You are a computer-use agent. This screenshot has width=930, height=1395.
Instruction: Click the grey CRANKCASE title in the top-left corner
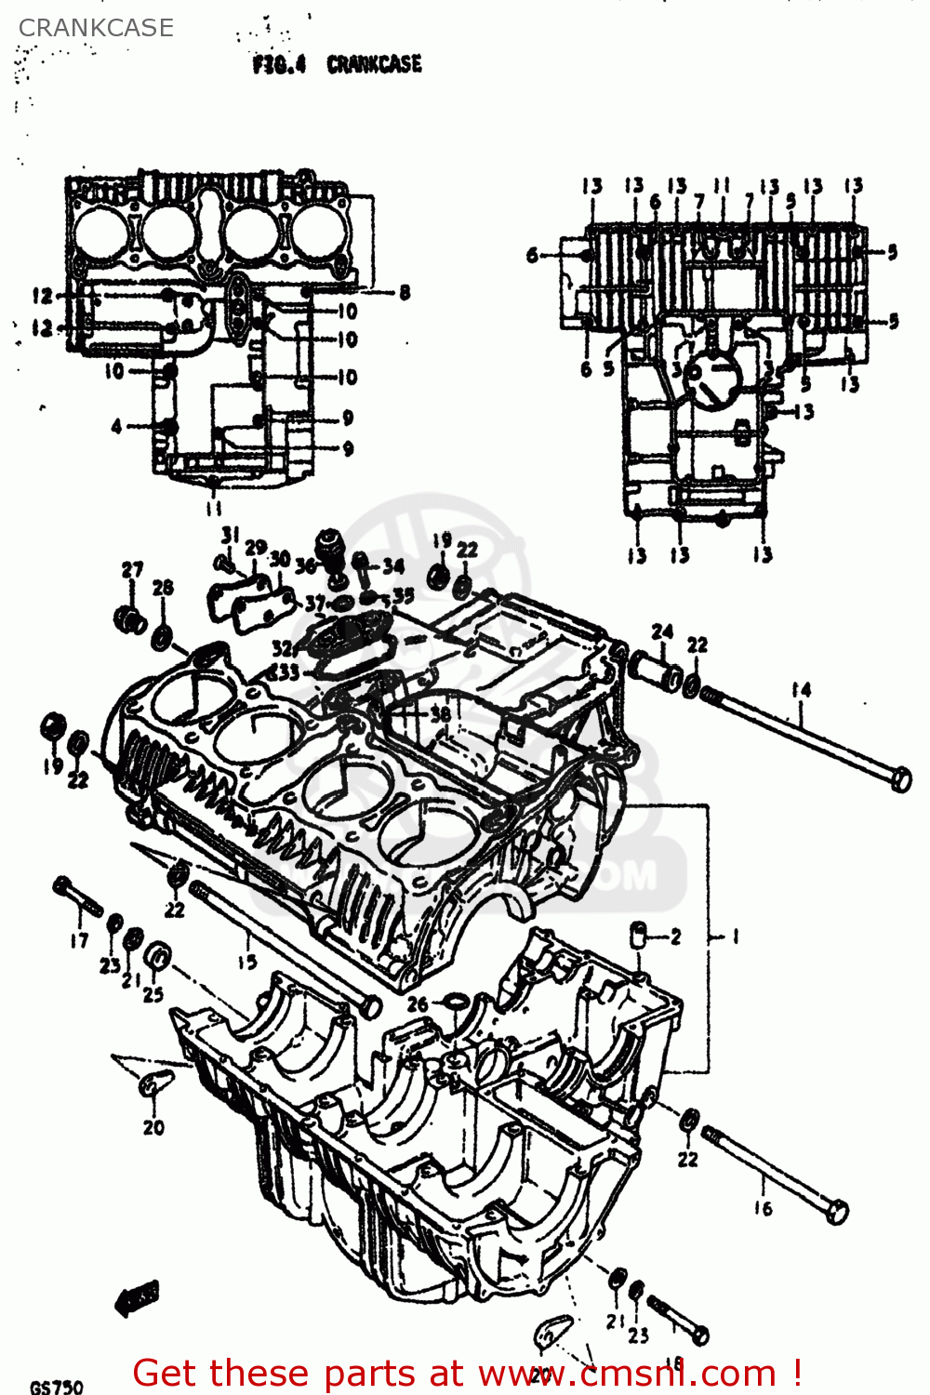pos(96,28)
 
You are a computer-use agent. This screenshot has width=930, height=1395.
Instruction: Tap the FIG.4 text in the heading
pos(279,65)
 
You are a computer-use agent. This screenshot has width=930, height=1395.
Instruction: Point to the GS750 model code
pos(56,1387)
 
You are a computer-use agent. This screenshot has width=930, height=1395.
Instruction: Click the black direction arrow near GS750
pos(137,1297)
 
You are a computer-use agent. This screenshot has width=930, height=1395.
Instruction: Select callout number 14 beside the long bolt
pos(802,690)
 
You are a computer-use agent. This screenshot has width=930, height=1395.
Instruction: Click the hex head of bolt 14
pos(900,779)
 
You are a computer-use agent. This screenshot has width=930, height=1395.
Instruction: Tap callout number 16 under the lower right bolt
pos(763,1208)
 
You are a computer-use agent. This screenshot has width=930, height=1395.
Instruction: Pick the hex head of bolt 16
pos(836,1212)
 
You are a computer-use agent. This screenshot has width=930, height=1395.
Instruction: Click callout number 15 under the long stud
pos(246,962)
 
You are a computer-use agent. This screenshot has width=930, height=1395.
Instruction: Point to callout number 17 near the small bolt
pos(79,940)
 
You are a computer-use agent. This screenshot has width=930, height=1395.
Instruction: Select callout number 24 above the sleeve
pos(662,632)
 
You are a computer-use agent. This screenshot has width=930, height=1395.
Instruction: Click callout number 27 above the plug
pos(133,570)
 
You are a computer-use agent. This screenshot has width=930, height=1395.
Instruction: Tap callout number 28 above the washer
pos(163,588)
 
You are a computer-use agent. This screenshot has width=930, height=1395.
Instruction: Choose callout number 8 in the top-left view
pos(405,293)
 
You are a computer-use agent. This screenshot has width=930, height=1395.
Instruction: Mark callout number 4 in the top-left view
pos(116,427)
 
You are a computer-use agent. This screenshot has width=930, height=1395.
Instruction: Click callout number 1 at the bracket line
pos(735,937)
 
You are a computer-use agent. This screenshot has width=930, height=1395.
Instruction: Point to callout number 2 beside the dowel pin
pos(675,937)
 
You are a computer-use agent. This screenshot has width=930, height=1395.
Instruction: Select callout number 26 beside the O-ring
pos(418,1003)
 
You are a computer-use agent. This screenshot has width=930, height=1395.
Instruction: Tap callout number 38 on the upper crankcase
pos(440,714)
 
